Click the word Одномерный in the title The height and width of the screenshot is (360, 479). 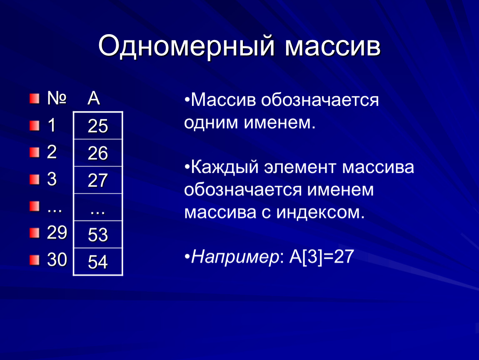[x=186, y=47]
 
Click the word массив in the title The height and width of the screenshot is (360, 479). [x=332, y=47]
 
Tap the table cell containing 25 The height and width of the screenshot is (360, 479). [x=98, y=126]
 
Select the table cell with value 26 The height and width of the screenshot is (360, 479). [x=98, y=153]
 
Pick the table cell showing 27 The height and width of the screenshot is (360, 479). [x=98, y=180]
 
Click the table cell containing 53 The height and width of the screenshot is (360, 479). [x=98, y=235]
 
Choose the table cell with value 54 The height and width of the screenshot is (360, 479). [x=98, y=262]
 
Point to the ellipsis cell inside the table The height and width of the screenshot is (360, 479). [x=98, y=208]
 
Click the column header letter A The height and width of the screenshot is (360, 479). [x=93, y=99]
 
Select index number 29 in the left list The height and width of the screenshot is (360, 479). [x=57, y=233]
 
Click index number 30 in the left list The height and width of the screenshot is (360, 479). [x=57, y=260]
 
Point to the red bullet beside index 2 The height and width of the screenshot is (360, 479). [x=34, y=153]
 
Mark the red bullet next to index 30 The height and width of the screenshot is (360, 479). [x=34, y=260]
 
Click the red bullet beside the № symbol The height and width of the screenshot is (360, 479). [x=34, y=99]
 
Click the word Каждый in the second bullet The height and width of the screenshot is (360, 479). [x=223, y=168]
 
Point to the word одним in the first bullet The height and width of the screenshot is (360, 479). [x=210, y=123]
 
